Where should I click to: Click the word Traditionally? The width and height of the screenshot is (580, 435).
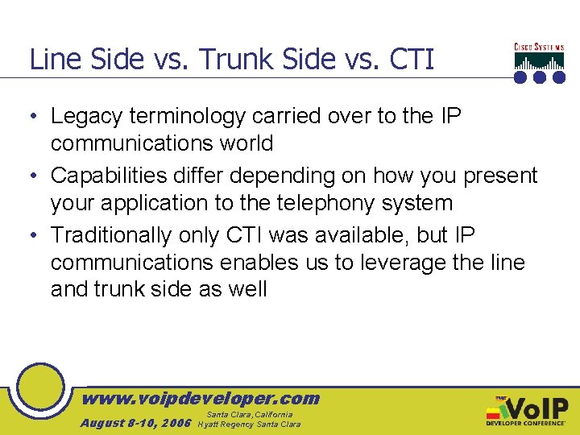click(x=116, y=235)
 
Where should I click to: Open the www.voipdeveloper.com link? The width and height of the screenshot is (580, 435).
click(x=201, y=398)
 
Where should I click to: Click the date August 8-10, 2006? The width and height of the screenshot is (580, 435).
click(x=135, y=423)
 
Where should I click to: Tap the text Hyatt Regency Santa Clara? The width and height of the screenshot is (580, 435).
click(x=249, y=424)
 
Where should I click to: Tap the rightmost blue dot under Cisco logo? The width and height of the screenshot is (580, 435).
click(x=558, y=77)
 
